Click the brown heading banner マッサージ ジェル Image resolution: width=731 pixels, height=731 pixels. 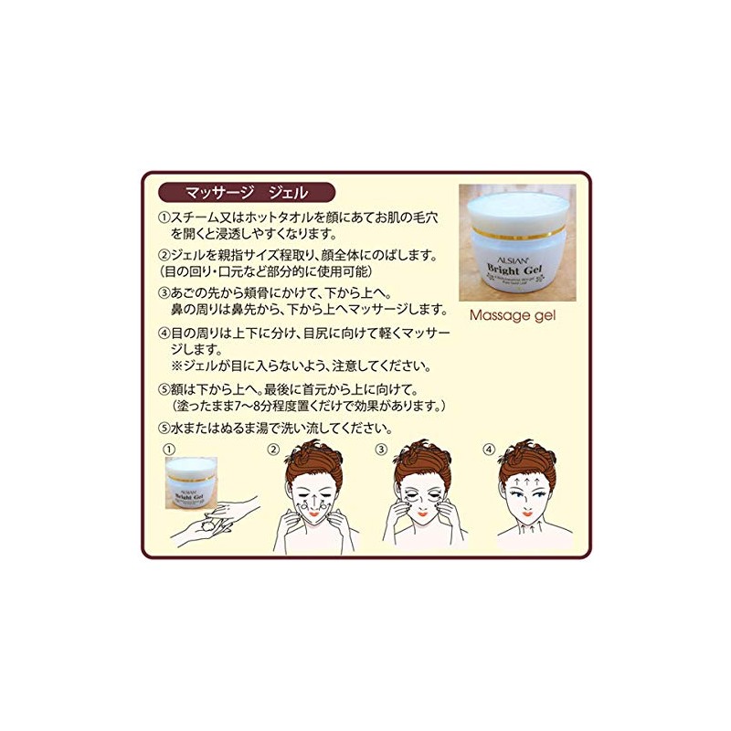244,193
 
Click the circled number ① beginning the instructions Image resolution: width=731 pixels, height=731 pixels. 164,217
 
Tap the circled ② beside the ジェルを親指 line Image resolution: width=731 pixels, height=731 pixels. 164,255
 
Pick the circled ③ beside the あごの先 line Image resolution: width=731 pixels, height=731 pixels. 164,293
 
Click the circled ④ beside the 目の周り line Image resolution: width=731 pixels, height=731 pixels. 164,333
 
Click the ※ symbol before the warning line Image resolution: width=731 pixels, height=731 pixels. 178,366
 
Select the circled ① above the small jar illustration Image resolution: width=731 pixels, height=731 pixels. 166,450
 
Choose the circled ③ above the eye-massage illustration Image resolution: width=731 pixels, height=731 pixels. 382,450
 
